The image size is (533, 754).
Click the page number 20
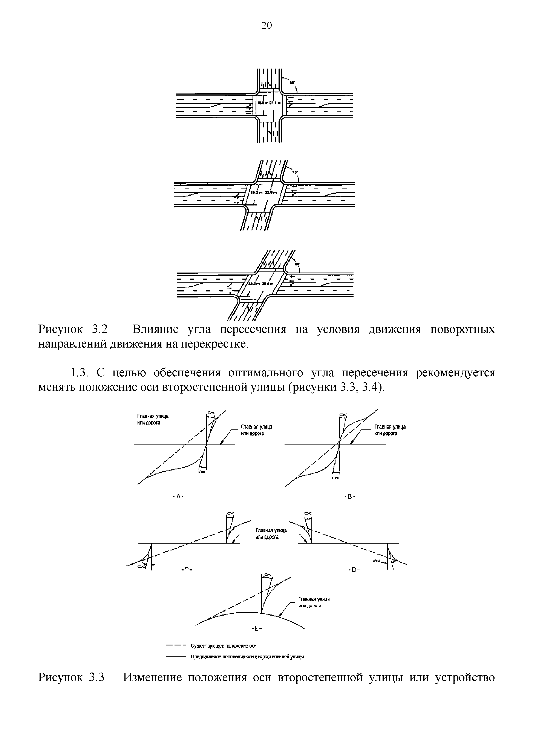(266, 25)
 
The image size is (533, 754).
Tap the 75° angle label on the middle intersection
(295, 172)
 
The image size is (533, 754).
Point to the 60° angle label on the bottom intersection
(297, 264)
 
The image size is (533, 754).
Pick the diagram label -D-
(354, 570)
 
